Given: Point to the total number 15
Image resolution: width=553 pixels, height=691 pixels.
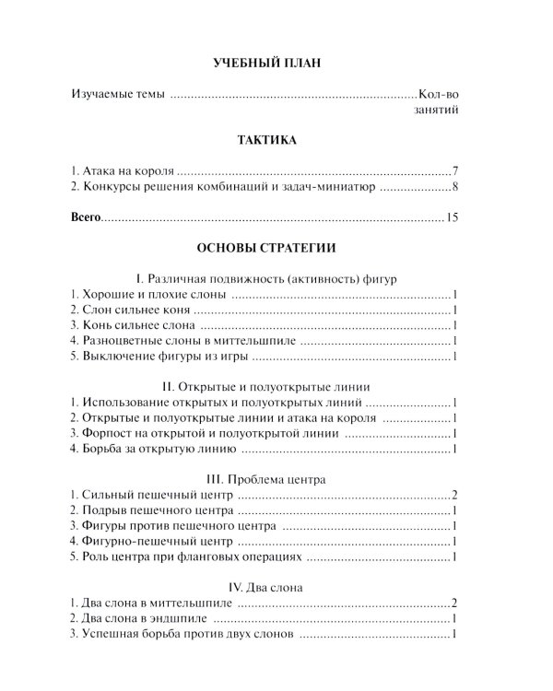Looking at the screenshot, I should click(x=452, y=218).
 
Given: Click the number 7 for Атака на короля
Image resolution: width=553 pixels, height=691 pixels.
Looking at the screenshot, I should click(x=456, y=171).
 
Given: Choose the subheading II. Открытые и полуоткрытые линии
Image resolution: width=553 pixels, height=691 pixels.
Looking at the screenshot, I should click(x=265, y=387).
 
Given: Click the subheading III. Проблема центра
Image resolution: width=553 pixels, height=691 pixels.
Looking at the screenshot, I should click(x=265, y=479).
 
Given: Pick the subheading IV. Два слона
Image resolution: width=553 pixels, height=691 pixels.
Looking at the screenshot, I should click(x=265, y=587).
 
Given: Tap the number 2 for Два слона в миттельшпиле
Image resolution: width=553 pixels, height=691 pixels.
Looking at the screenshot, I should click(x=456, y=603).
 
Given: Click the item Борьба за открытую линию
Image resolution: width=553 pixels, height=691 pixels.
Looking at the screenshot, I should click(x=153, y=449).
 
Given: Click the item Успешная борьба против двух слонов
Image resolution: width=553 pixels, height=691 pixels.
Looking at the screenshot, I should click(x=181, y=634).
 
